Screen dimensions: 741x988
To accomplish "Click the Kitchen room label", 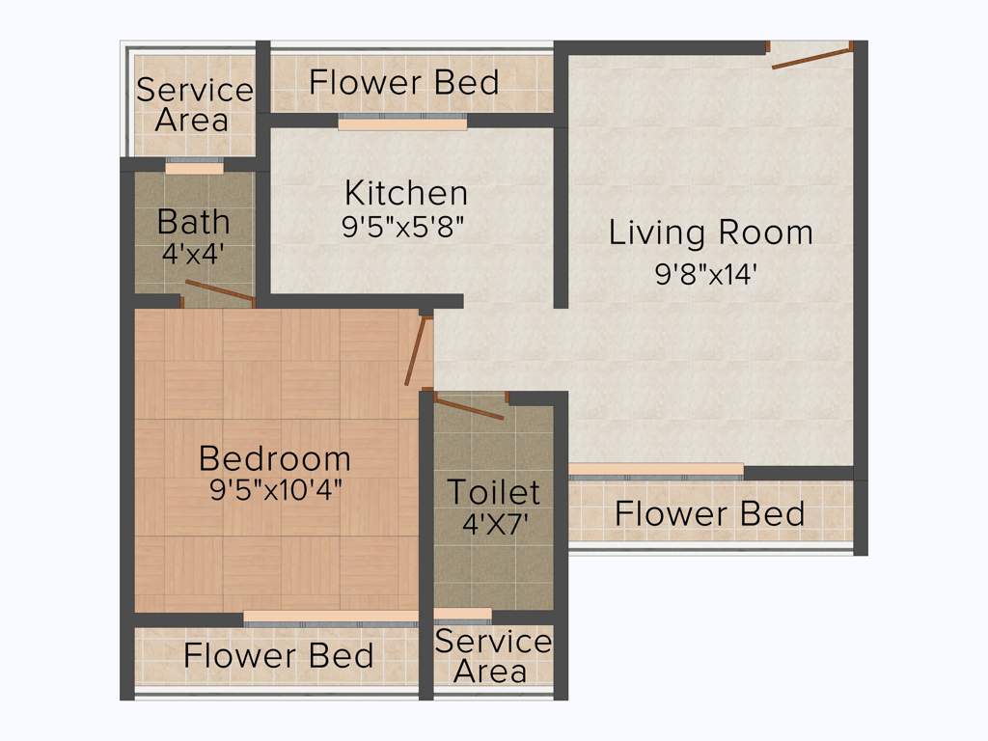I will pos(406,193).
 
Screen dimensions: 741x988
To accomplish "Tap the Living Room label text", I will pos(711,233).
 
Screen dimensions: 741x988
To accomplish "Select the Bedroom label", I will pos(275,457).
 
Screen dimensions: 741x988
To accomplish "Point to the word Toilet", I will pos(493,492).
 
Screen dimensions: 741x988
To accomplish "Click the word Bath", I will pos(194,222).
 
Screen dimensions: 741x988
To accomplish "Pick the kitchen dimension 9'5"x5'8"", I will pos(406,227).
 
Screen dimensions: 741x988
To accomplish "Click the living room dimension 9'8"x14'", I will pos(706,275).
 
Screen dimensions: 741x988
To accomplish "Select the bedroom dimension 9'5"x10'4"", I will pos(276,490).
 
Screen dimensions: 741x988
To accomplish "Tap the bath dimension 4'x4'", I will pos(194,255).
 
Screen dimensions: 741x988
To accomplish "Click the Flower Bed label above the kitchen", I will pos(404,83).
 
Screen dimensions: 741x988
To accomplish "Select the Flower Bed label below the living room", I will pos(709,513).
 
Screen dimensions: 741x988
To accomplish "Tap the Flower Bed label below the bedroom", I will pos(279,656).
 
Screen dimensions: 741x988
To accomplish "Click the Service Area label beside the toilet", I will pos(492,656).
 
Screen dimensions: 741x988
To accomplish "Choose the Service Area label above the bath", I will pos(194,105).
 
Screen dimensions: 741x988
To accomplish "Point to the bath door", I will pos(219,291).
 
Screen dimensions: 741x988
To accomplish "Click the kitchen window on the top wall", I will pos(402,123).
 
